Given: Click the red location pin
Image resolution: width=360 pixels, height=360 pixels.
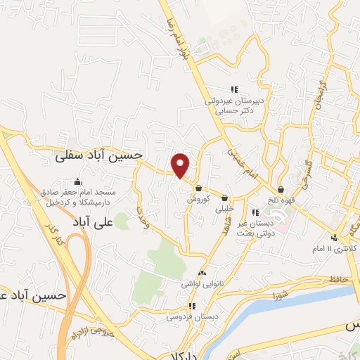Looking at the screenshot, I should (x=181, y=165).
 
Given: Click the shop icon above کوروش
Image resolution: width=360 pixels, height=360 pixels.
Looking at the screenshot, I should (x=200, y=188).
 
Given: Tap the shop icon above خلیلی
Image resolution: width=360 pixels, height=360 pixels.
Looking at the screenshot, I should (x=224, y=198).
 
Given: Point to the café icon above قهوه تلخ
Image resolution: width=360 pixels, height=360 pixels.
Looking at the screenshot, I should (x=281, y=189).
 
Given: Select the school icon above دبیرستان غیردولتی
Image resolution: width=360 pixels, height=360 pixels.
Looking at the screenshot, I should (x=235, y=89).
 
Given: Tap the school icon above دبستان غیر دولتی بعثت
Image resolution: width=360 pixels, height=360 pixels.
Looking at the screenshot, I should (x=255, y=212).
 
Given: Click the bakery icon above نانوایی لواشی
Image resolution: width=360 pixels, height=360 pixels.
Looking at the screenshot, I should (x=202, y=273).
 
